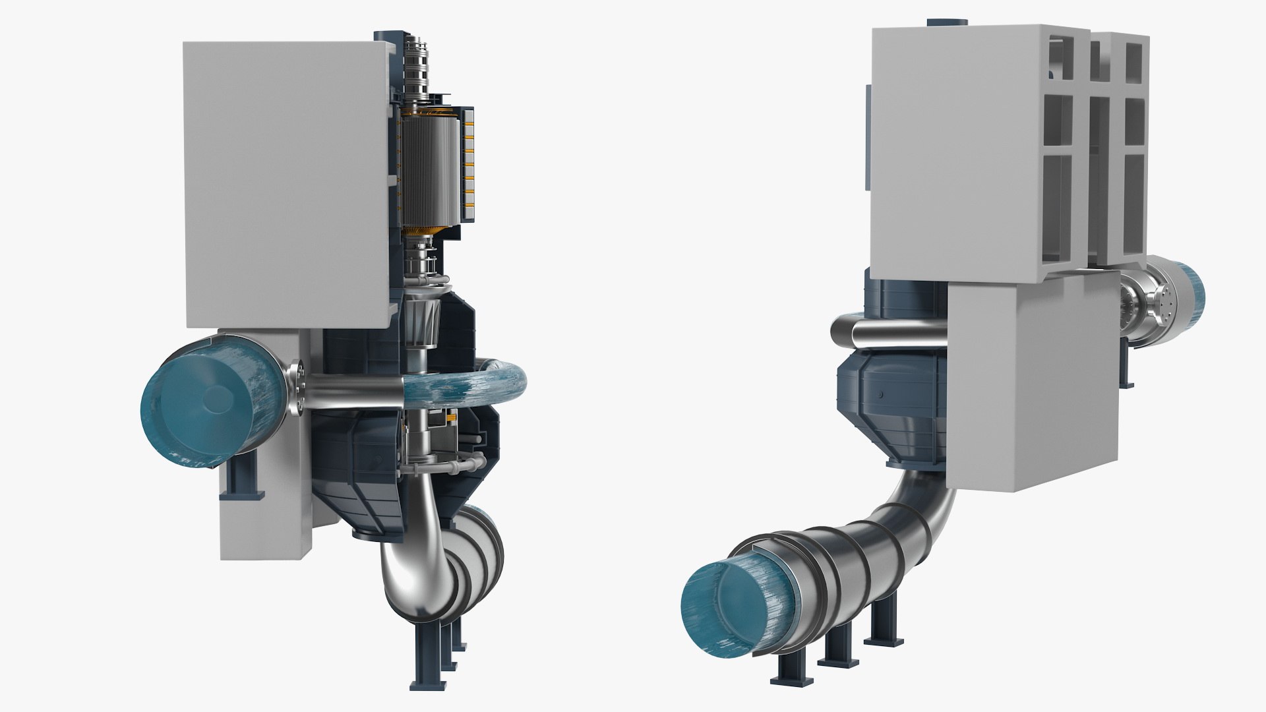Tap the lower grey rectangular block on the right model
pyautogui.click(x=1032, y=382)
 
